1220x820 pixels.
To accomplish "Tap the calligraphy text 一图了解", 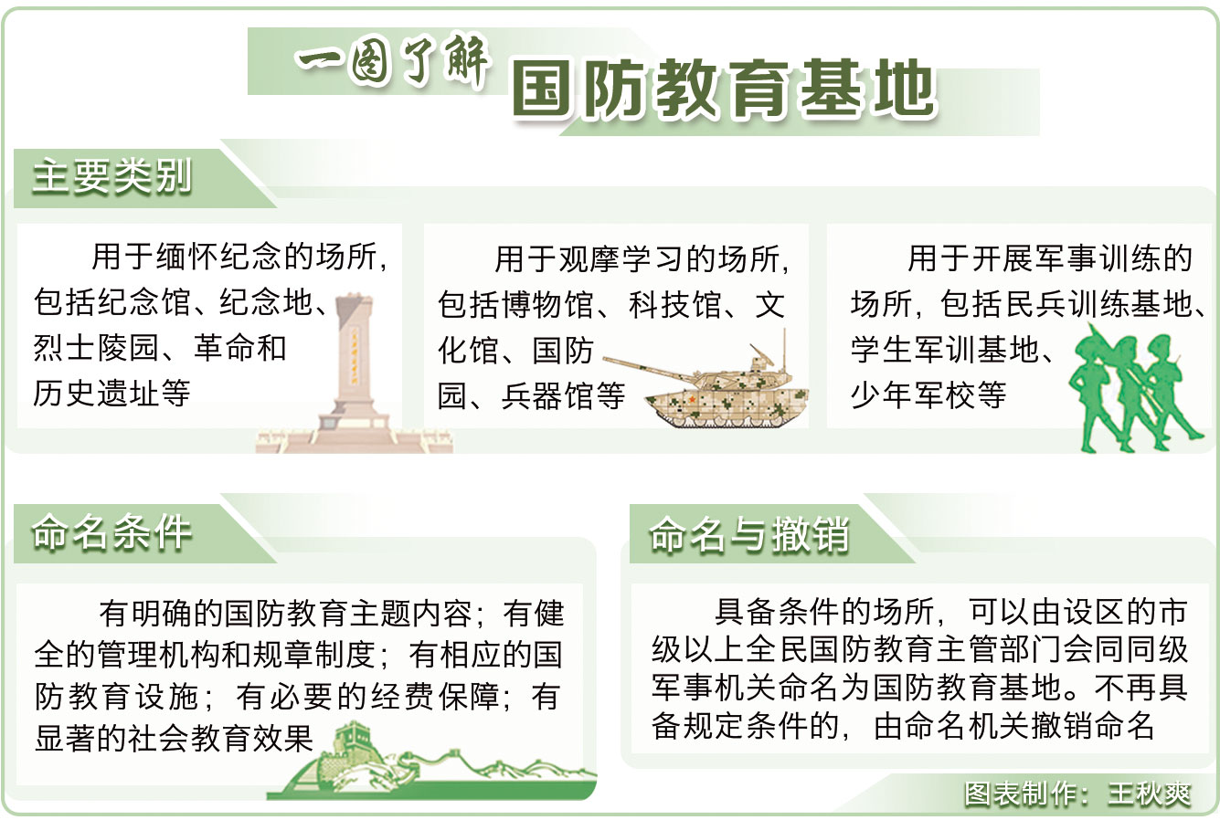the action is (392, 61).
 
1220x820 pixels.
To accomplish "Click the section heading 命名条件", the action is (111, 532).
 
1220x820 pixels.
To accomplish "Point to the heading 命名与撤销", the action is (748, 534).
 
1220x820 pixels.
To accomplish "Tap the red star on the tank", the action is (692, 400).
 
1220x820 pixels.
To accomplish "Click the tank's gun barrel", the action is (649, 366).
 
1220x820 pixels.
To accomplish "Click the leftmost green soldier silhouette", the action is (1095, 391).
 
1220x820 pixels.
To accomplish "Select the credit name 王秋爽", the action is (1150, 794).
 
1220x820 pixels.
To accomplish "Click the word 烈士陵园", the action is (96, 348).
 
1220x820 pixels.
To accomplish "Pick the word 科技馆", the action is (674, 304).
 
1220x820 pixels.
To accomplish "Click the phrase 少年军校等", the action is (928, 394).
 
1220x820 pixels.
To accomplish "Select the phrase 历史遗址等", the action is (111, 393).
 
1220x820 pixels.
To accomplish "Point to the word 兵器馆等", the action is (563, 395).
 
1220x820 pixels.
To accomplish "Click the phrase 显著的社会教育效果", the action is (175, 739).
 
